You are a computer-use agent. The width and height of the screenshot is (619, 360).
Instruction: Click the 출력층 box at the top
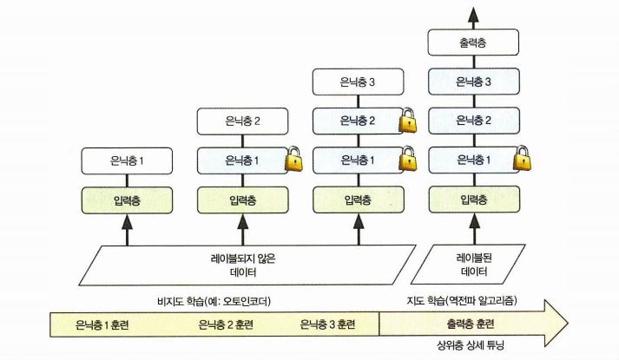pyautogui.click(x=474, y=42)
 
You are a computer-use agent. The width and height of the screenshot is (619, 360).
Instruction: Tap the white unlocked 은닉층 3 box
pyautogui.click(x=359, y=83)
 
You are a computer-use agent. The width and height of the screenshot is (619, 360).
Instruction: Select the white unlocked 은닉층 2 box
pyautogui.click(x=242, y=122)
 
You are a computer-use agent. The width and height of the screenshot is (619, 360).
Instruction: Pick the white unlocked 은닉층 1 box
pyautogui.click(x=126, y=160)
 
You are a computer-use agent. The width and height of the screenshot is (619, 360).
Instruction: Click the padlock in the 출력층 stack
pyautogui.click(x=522, y=160)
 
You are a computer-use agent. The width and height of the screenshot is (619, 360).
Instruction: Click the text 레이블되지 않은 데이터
pyautogui.click(x=242, y=264)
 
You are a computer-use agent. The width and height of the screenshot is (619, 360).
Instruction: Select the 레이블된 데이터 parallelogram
pyautogui.click(x=474, y=264)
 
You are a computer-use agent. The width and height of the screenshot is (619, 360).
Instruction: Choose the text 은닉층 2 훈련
pyautogui.click(x=227, y=325)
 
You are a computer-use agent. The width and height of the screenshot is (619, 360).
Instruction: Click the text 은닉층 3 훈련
pyautogui.click(x=326, y=325)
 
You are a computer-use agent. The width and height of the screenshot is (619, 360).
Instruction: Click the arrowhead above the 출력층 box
pyautogui.click(x=474, y=12)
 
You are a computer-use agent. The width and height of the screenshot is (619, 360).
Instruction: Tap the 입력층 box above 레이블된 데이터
pyautogui.click(x=474, y=199)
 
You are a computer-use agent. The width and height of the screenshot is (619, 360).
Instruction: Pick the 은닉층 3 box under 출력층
pyautogui.click(x=474, y=82)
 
